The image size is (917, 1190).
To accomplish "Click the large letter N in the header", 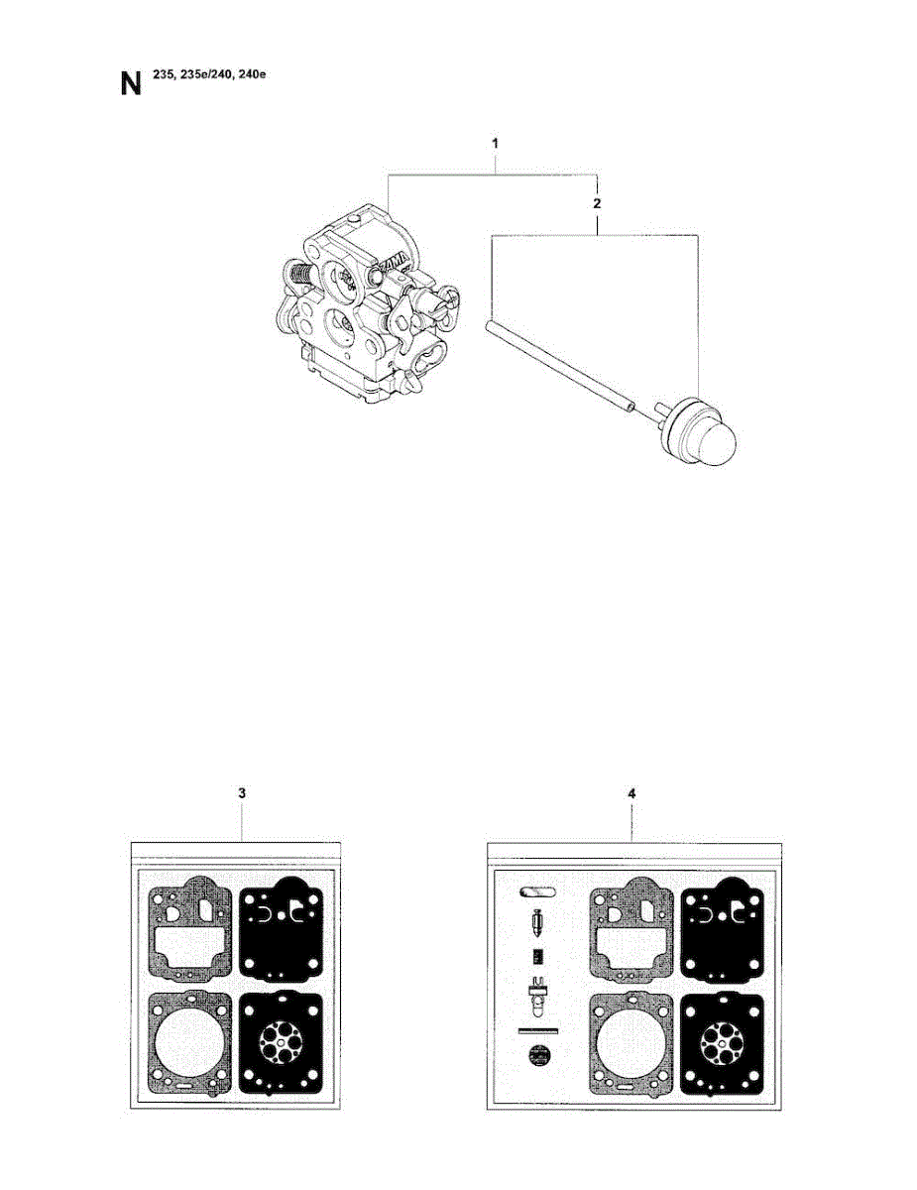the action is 131,81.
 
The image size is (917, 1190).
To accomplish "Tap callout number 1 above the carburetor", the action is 495,145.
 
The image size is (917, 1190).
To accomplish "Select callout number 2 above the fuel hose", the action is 596,203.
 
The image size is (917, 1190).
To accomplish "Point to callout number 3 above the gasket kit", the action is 242,793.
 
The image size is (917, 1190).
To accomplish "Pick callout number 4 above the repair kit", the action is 632,793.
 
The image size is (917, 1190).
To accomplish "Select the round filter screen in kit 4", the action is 539,1055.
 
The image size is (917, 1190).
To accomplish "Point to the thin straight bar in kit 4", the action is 538,1030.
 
